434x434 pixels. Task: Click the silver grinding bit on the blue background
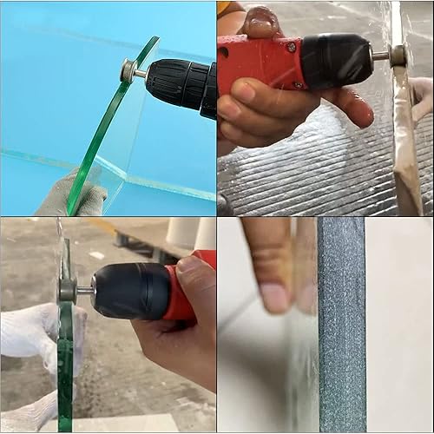[133, 72]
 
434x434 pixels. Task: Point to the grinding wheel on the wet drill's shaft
[398, 56]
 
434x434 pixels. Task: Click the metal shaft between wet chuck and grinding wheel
[381, 56]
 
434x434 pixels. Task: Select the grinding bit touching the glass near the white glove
[68, 289]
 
